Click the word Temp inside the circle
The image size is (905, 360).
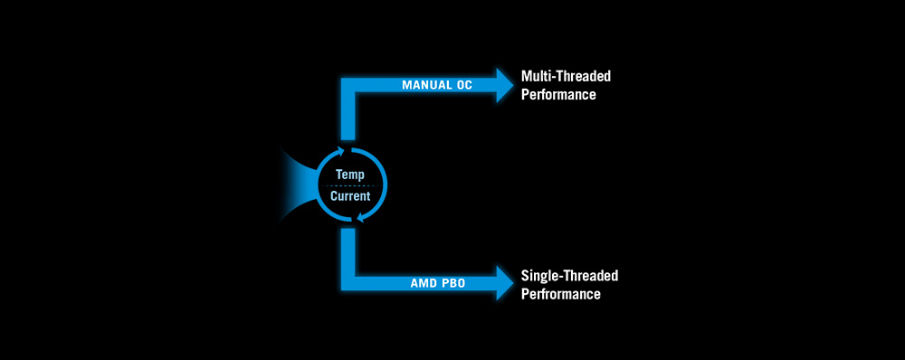pos(349,175)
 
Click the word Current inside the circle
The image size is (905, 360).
pos(350,196)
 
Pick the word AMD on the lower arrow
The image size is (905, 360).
pos(423,284)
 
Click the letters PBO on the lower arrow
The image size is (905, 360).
pos(452,284)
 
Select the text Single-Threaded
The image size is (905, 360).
pos(569,275)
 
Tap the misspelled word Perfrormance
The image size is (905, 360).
pos(560,294)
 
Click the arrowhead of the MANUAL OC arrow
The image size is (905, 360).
pos(505,85)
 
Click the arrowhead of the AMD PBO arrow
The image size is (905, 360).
pos(505,283)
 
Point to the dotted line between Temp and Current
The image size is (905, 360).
pos(351,185)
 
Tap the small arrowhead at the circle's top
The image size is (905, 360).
pos(343,152)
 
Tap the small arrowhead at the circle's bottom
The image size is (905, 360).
pos(361,218)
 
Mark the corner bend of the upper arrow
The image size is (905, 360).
pos(348,85)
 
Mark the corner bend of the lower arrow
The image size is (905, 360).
pos(348,283)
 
